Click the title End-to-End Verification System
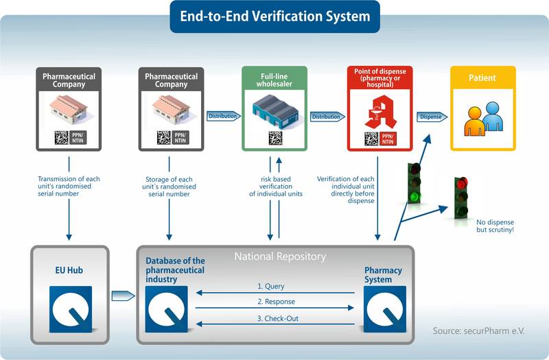274,16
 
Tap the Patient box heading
482,78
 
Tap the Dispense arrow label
430,117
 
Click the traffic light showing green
414,182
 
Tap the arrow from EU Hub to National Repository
123,296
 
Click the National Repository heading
280,256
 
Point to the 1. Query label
271,286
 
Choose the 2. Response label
276,302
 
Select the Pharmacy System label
383,275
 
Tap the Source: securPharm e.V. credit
478,331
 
